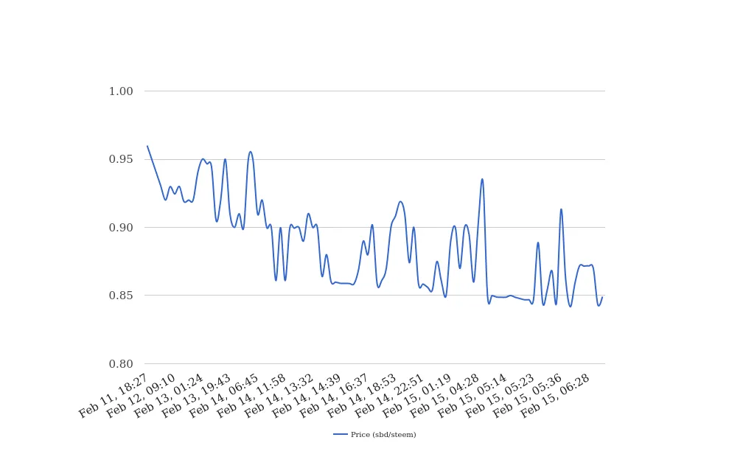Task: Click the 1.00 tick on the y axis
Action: coord(121,91)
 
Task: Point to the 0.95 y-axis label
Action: coord(121,159)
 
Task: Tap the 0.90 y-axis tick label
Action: coord(121,228)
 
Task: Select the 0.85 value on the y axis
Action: coord(121,296)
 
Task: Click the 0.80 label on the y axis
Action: coord(121,364)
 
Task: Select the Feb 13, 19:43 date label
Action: coord(195,398)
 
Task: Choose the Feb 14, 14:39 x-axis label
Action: coord(306,398)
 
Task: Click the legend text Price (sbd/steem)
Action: coord(383,435)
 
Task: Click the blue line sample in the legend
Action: coord(341,435)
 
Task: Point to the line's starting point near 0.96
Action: coord(147,146)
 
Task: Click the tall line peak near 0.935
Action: coord(482,179)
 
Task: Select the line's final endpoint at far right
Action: coord(602,298)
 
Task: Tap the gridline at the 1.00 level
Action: coord(369,91)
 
